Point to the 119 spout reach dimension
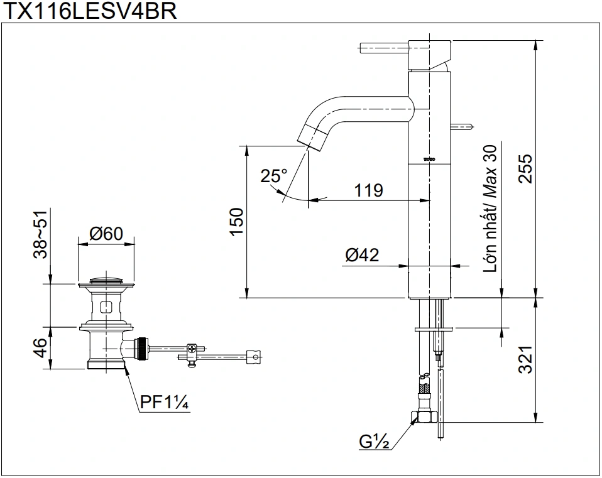coord(369,190)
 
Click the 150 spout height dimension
coord(236,221)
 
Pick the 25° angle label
coord(274,176)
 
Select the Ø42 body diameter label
coord(362,255)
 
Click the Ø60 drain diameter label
coord(106,234)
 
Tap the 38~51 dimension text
coord(40,235)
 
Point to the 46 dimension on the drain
coord(40,346)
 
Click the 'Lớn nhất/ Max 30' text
coord(491,208)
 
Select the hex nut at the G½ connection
coord(424,418)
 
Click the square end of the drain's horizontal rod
coord(254,357)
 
